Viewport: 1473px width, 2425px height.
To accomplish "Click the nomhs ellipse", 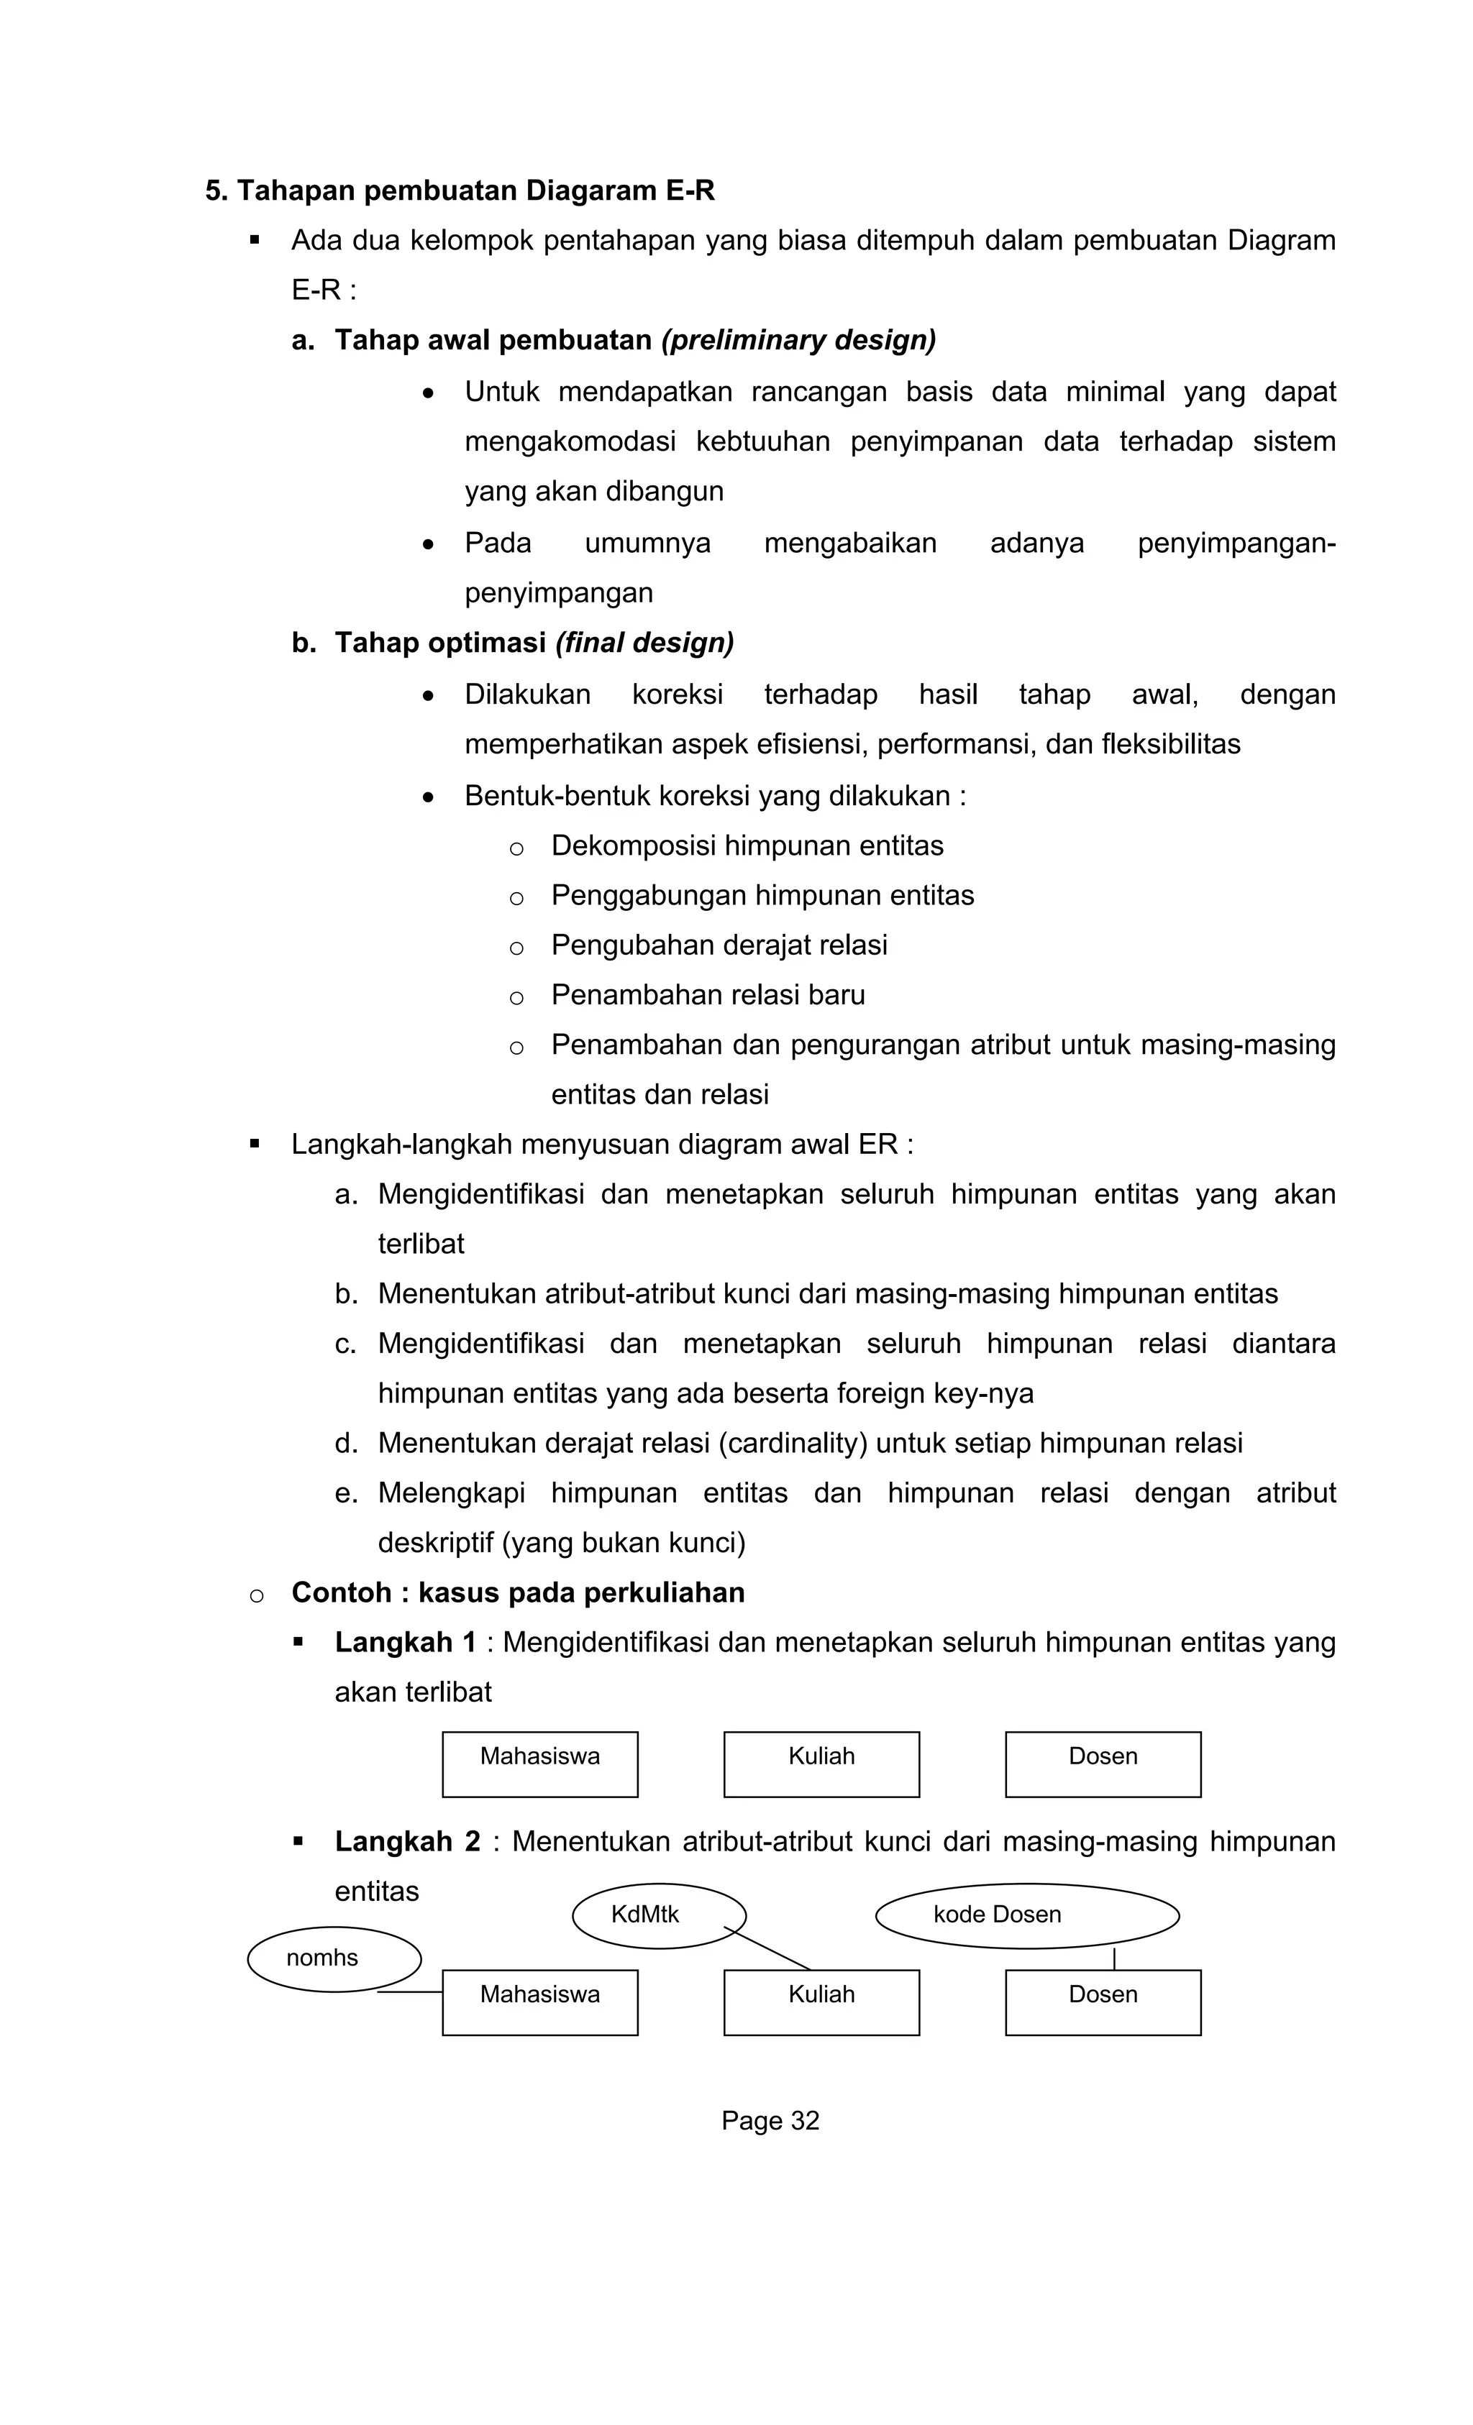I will coord(334,1958).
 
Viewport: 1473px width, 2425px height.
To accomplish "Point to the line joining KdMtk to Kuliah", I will coord(769,1950).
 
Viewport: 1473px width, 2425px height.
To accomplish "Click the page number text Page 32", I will coord(770,2121).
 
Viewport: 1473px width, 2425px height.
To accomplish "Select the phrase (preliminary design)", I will coord(798,341).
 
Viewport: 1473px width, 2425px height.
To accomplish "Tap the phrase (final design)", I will coord(644,643).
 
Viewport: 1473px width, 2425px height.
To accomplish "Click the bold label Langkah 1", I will coord(405,1643).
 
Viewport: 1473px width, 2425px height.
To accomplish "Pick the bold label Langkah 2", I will coord(406,1841).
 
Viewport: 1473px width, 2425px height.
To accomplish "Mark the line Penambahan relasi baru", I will coord(707,995).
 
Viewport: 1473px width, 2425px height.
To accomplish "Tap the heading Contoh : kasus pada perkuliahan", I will coord(518,1592).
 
